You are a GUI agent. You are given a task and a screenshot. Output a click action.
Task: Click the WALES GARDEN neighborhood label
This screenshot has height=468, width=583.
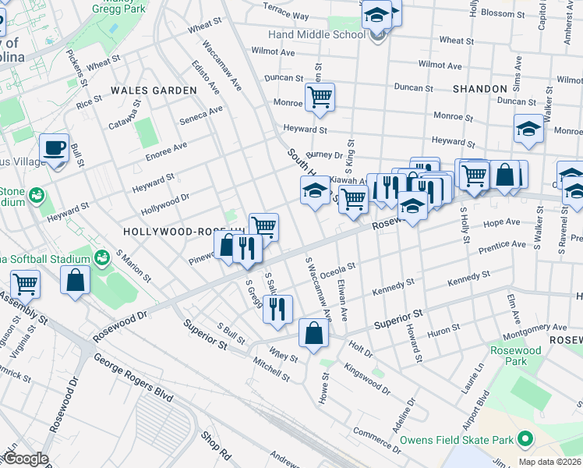(154, 90)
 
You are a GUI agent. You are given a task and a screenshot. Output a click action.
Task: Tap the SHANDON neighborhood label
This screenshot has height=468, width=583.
(479, 89)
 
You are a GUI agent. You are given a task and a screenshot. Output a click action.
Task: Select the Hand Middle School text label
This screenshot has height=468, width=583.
(316, 35)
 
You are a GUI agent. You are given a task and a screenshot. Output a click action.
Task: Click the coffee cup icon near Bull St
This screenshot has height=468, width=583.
(54, 148)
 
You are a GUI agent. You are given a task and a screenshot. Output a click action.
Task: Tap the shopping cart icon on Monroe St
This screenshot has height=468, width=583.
(320, 97)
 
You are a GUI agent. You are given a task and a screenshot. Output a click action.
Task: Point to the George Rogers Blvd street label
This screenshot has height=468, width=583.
(132, 378)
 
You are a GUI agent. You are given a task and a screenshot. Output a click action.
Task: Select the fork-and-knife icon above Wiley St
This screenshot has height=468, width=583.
(277, 309)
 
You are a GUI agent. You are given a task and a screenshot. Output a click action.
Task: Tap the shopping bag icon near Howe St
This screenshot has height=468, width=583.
(313, 333)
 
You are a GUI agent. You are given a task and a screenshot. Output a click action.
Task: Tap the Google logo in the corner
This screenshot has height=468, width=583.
(26, 459)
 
